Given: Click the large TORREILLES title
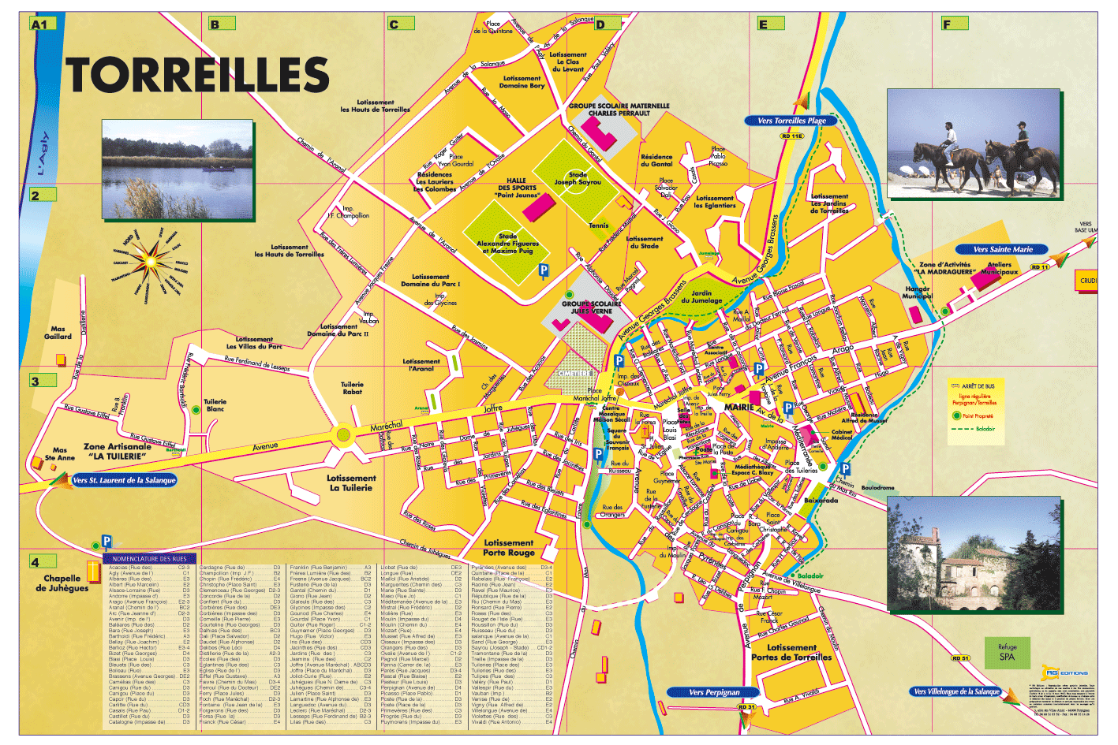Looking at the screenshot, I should pos(197,76).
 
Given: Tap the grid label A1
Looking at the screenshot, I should pos(39,24).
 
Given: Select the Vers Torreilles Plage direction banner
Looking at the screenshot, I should pos(791,121).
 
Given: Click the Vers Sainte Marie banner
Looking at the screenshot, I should pos(1002,249).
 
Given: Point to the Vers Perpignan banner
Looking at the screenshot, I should pos(714,692).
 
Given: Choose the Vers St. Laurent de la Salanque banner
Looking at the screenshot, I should pos(124,480).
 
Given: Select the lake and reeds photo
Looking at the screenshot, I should pos(178,169).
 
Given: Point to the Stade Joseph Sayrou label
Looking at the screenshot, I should pos(577,178).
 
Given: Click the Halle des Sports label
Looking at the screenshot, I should pos(517,188).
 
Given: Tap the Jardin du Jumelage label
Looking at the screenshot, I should pos(701,296).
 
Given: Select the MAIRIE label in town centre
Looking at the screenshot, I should pos(739,407).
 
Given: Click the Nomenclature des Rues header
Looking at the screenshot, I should pos(149,559).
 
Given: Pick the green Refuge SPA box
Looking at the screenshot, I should pos(1007,652).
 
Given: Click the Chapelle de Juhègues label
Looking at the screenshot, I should pos(62,583).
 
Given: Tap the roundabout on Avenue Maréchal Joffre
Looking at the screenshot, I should pos(342,434).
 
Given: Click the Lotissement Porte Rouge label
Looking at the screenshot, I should pos(509,547).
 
